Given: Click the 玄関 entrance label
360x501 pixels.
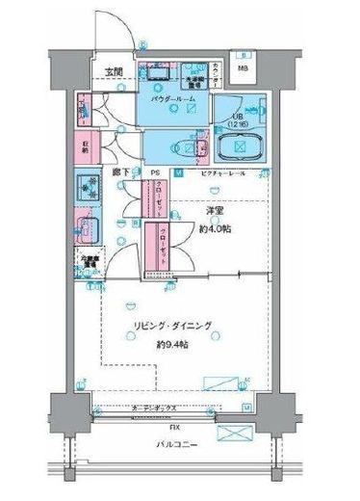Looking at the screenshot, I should click(115, 72).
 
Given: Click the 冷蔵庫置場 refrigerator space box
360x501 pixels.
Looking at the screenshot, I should click(90, 260).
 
